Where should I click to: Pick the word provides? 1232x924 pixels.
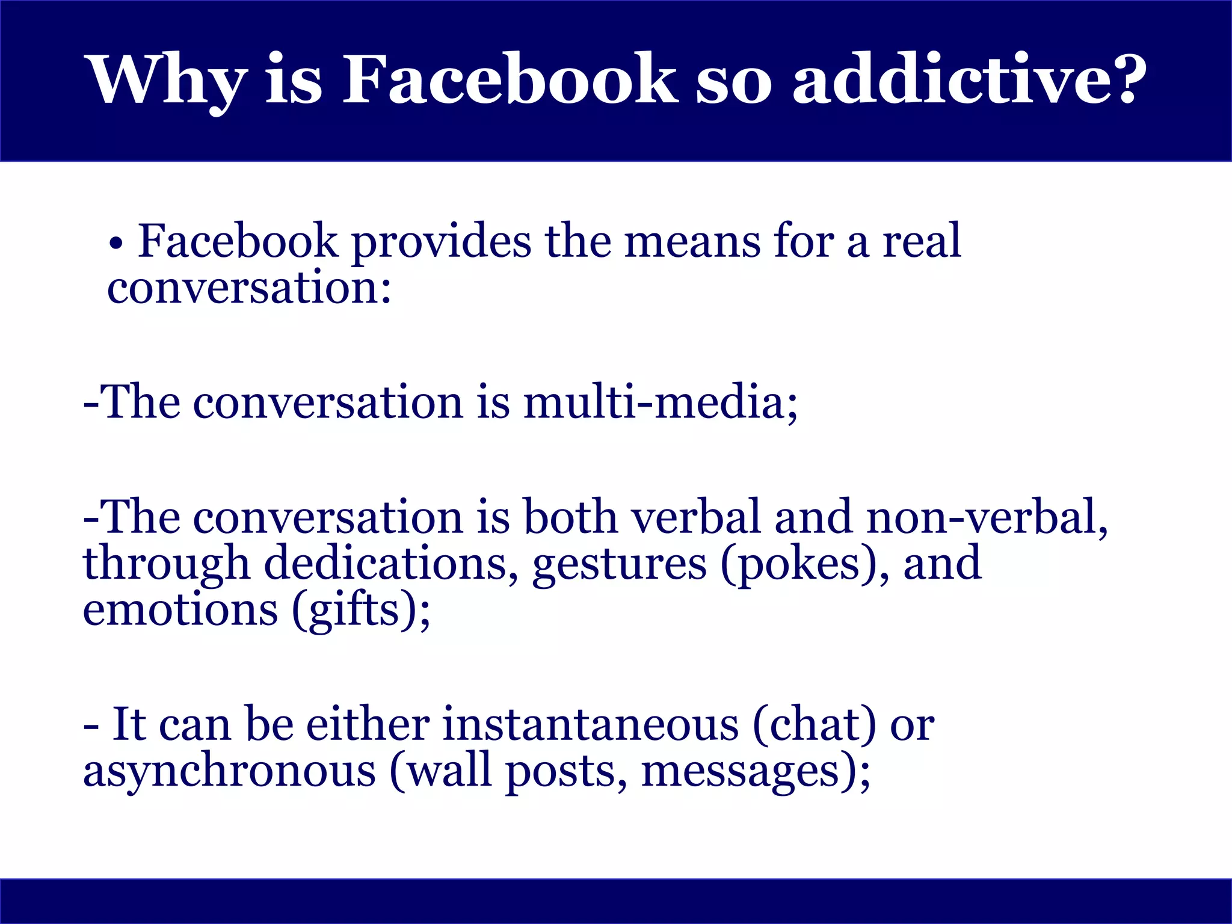(441, 242)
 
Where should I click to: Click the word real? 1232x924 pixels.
(922, 242)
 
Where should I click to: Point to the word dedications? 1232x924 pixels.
(385, 564)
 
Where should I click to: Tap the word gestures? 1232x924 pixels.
(620, 564)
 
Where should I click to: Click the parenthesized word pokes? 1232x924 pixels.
(797, 564)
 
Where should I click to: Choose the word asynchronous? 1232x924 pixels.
(229, 771)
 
